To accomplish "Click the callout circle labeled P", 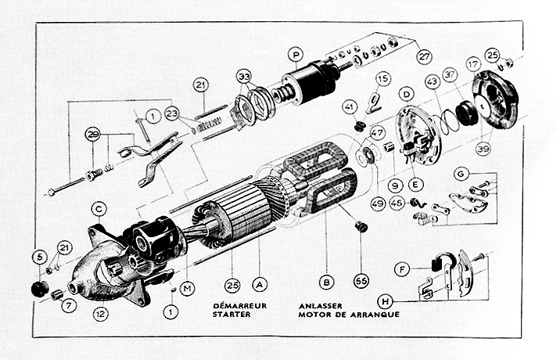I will click(294, 54).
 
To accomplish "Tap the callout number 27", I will click(424, 56).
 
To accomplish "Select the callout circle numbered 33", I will click(245, 76).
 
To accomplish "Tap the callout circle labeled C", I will click(99, 209).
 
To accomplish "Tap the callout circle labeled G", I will click(461, 173).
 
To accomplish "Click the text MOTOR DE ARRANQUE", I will click(348, 315).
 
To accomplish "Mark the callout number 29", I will click(94, 134).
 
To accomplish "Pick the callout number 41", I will click(350, 107).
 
